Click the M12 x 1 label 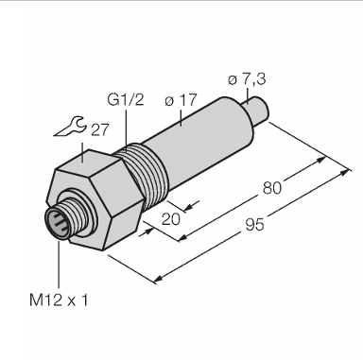coord(59,300)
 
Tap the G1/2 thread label coord(126,99)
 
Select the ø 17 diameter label coord(181,100)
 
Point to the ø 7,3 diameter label coord(247,79)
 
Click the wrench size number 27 coord(100,129)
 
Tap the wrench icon coord(70,127)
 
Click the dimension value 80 coord(271,188)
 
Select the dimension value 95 coord(254,225)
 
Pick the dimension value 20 coord(171,219)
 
